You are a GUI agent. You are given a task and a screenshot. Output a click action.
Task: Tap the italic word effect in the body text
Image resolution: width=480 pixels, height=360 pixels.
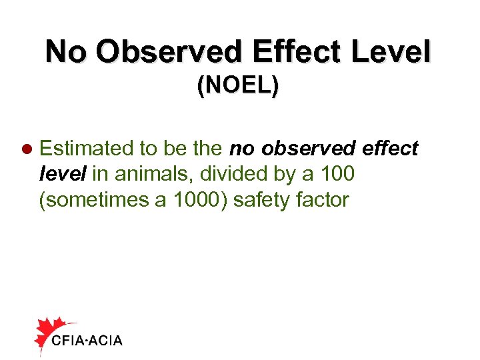click(391, 148)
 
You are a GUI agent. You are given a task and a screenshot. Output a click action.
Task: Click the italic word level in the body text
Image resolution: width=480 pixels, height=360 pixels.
click(63, 173)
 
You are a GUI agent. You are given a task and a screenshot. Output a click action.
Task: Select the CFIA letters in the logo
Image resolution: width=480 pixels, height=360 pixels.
click(68, 341)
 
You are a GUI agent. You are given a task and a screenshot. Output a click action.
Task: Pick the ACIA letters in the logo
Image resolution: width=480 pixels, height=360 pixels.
click(105, 341)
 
